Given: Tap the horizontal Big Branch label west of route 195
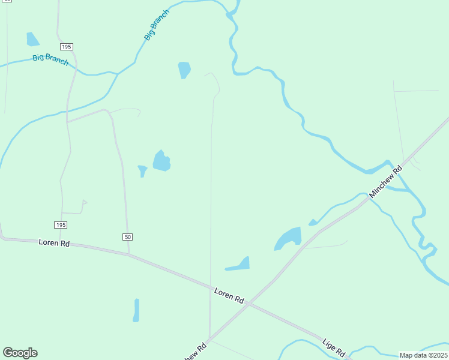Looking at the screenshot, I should (50, 60).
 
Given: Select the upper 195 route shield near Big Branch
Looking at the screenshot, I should (66, 47).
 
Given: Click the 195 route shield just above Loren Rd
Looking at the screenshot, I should (60, 225).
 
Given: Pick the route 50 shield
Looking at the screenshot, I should (127, 237).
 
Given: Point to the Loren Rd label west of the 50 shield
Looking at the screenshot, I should (55, 243).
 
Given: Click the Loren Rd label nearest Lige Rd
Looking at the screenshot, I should (230, 295).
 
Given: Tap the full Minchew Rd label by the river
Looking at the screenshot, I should (385, 182).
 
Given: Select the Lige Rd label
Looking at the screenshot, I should (333, 346).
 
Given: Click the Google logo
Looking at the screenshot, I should (20, 353).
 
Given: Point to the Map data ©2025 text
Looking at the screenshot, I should (423, 355).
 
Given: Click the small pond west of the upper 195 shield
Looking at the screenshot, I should (32, 40).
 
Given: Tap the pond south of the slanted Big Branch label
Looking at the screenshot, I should (184, 70).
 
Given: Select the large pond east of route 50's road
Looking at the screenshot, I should (161, 161).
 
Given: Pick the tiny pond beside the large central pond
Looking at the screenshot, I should (142, 170).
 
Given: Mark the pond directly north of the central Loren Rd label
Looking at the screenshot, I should (240, 264).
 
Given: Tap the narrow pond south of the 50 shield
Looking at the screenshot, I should (136, 310).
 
